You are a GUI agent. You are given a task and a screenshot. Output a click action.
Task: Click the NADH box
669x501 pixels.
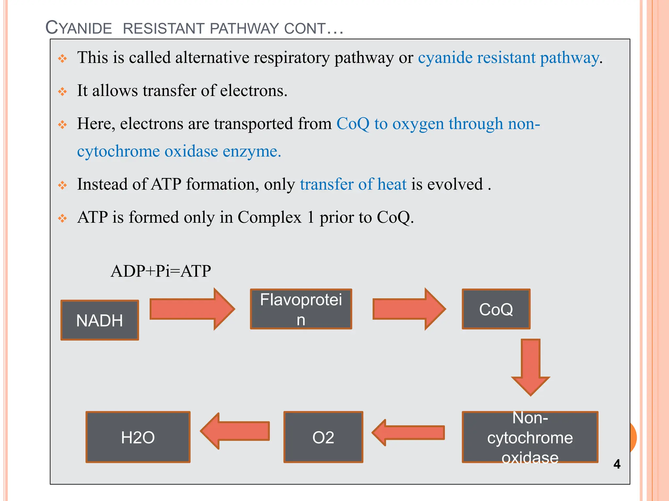[100, 320]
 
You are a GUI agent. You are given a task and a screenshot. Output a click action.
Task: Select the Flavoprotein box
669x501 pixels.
[301, 309]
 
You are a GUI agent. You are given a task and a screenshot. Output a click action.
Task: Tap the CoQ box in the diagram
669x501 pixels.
[496, 309]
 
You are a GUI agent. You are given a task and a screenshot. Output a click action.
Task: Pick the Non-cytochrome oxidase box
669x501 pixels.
[530, 437]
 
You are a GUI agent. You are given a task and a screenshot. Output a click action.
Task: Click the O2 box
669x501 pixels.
[323, 437]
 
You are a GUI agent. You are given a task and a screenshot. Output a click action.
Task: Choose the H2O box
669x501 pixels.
[138, 437]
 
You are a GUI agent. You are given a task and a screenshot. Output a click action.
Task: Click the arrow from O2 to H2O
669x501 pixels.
[235, 431]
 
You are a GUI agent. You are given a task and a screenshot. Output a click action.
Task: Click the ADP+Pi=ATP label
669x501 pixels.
[161, 271]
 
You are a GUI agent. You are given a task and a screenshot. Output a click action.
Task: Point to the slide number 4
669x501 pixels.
[617, 464]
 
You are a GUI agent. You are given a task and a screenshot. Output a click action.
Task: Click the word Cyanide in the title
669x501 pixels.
[79, 28]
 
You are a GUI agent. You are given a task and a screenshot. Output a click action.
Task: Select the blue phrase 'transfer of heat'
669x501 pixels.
[353, 184]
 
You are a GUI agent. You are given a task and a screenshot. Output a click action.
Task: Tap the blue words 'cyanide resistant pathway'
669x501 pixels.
[509, 58]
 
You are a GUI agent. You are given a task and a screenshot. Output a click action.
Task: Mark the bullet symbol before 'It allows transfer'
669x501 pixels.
[62, 91]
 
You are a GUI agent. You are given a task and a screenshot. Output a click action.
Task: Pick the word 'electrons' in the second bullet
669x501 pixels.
[253, 91]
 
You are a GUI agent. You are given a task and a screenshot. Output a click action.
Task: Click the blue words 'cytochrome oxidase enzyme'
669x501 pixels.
[179, 151]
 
